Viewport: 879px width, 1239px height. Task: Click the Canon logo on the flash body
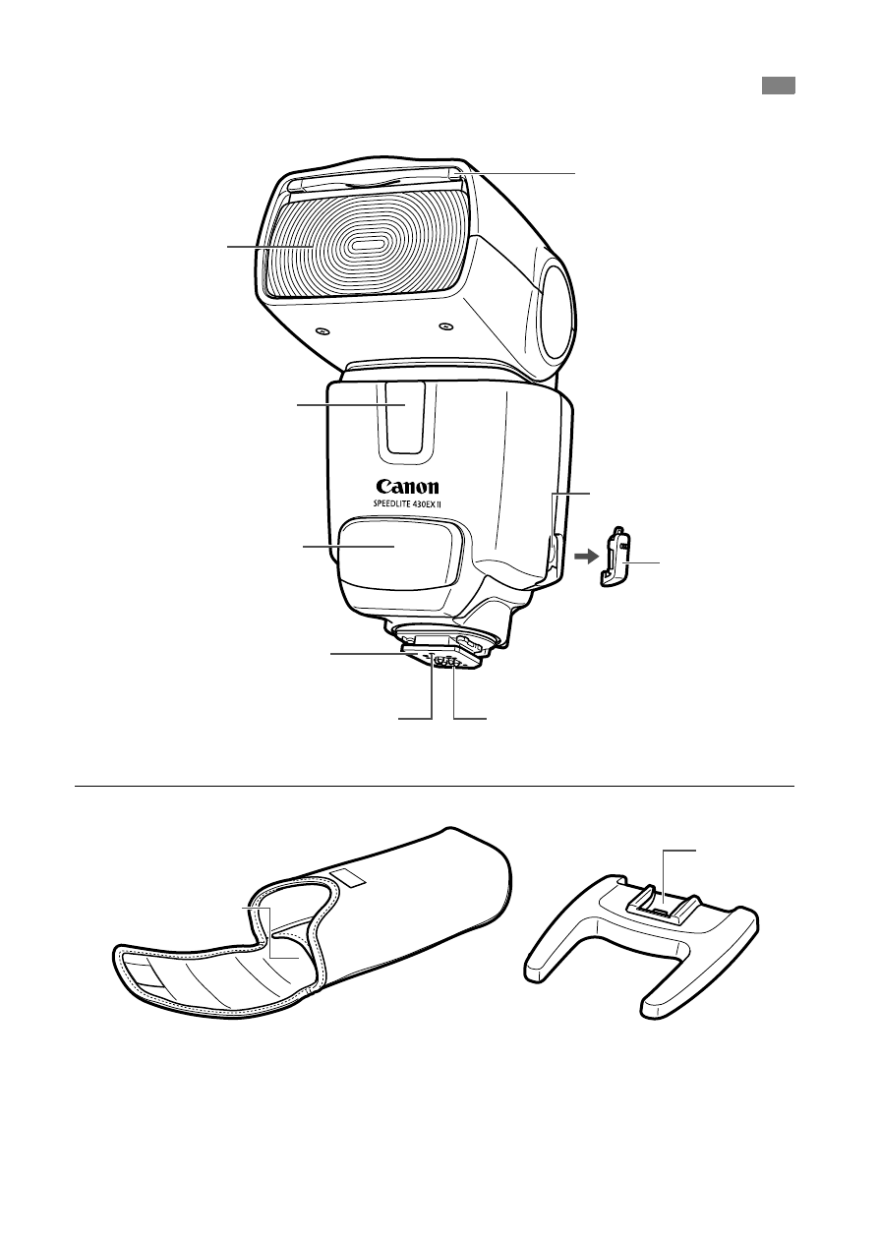click(x=408, y=486)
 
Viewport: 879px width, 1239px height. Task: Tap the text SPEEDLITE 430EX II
click(x=408, y=503)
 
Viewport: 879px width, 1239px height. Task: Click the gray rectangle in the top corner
click(x=779, y=86)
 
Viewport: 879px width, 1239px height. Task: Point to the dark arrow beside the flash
click(x=586, y=557)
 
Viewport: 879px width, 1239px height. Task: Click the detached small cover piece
click(x=616, y=558)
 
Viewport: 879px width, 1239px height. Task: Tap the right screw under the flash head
click(x=445, y=325)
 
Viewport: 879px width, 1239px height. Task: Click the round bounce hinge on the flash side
click(x=555, y=313)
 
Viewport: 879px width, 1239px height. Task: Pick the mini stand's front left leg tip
click(x=536, y=973)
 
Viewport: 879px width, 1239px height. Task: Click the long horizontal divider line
click(x=435, y=786)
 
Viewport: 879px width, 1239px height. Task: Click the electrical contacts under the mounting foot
click(x=447, y=663)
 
